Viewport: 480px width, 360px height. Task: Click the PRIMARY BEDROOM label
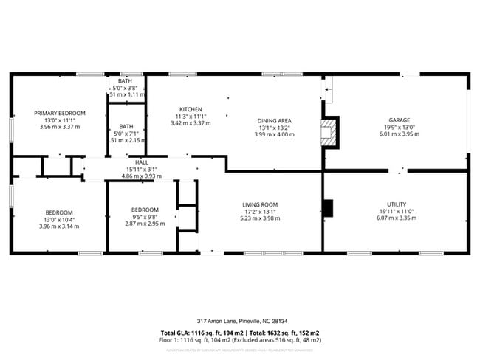coord(60,113)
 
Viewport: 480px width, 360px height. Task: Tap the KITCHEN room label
coord(191,109)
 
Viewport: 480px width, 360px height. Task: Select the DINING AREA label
coord(274,120)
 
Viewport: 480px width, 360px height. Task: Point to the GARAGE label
coord(399,120)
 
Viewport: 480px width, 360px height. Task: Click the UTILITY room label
coord(397,204)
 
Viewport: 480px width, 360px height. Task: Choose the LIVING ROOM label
coord(260,204)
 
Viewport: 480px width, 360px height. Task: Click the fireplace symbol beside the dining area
coord(328,134)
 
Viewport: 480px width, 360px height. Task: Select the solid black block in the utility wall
coord(329,209)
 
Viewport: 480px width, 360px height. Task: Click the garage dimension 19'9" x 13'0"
coord(399,128)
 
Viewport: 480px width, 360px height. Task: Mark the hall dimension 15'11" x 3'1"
coord(142,170)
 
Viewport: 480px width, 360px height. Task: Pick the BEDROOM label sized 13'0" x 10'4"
coord(60,212)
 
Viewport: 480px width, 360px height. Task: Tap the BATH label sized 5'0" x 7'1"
coord(126,126)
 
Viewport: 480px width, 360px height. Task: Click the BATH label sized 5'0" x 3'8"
coord(126,81)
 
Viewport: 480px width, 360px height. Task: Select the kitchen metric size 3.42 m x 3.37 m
coord(191,123)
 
